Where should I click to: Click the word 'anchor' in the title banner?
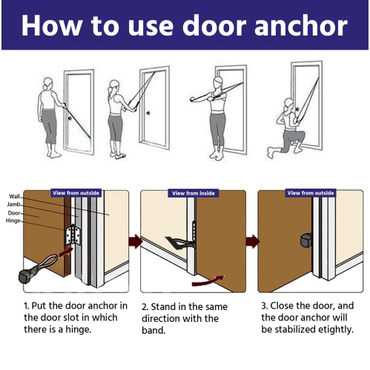tap(301, 26)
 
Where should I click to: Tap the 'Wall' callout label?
tap(14, 197)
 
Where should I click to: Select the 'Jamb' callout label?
tap(13, 204)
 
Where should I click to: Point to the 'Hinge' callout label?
tap(13, 221)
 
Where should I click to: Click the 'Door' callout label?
tap(14, 213)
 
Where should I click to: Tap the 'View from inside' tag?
tap(194, 193)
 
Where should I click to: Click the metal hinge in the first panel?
tap(73, 235)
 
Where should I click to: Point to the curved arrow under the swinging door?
tap(208, 281)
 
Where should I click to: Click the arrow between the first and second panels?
tap(135, 241)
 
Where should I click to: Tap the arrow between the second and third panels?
tap(252, 241)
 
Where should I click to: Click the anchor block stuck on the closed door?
tap(306, 240)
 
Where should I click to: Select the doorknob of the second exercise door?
tap(148, 113)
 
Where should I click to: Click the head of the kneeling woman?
tap(288, 104)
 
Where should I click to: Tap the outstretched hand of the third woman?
tap(193, 100)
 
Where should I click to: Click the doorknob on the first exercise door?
tap(70, 118)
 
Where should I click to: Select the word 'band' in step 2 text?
tap(153, 331)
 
